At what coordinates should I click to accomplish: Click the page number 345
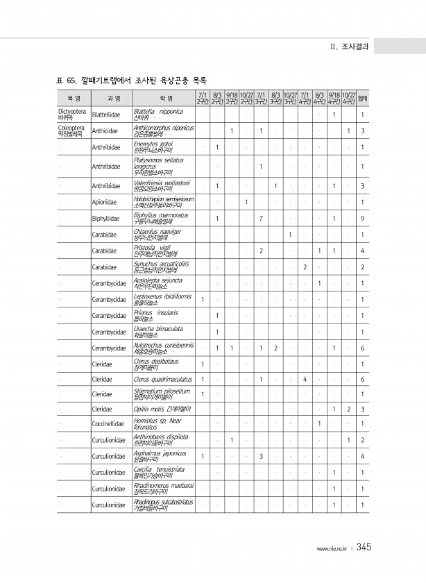pos(364,548)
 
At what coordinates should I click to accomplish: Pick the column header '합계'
pos(363,98)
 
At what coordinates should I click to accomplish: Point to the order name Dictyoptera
pos(72,110)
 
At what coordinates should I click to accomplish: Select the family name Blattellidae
pos(106,115)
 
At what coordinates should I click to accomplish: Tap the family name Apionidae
pos(104,202)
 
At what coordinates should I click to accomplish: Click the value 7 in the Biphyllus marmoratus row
pos(259,219)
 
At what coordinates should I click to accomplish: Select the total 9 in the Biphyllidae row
pos(363,219)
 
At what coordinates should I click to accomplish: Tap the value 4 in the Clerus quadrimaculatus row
pos(305,379)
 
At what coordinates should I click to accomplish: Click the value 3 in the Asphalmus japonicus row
pos(259,456)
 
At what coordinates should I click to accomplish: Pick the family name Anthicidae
pos(105,131)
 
